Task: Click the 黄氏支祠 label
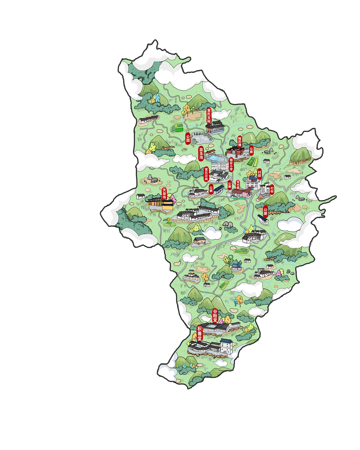click(x=209, y=116)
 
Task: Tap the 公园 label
click(x=188, y=139)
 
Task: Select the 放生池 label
click(x=201, y=153)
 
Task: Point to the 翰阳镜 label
click(x=240, y=141)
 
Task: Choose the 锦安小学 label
click(x=231, y=165)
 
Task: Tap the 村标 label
click(x=272, y=189)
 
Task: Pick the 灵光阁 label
click(x=238, y=185)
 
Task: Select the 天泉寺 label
click(x=164, y=194)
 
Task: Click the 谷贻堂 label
click(x=215, y=316)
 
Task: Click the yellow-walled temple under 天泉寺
click(x=160, y=204)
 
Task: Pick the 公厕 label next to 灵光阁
click(x=229, y=185)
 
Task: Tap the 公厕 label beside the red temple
click(x=251, y=150)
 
